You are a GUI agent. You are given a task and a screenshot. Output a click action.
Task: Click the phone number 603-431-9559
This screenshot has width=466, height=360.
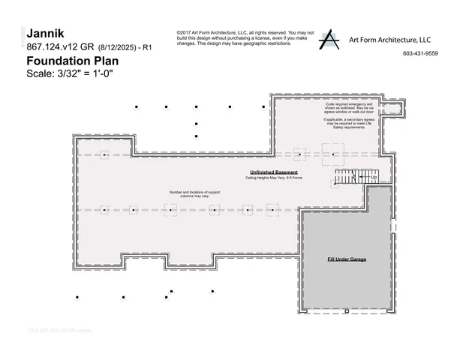point(420,54)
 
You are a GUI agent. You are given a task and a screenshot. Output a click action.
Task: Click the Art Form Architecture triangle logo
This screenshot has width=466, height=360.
point(328,40)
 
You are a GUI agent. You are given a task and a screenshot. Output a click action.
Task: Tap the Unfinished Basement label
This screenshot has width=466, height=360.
point(269,172)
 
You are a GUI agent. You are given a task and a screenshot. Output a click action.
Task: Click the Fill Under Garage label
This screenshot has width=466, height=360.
point(346,259)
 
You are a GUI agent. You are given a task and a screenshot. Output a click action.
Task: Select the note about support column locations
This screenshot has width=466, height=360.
point(194,194)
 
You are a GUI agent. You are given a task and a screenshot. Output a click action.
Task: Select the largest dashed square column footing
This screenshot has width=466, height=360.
point(331,154)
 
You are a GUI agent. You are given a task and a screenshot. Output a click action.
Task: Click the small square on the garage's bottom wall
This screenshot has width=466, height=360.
point(346,310)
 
